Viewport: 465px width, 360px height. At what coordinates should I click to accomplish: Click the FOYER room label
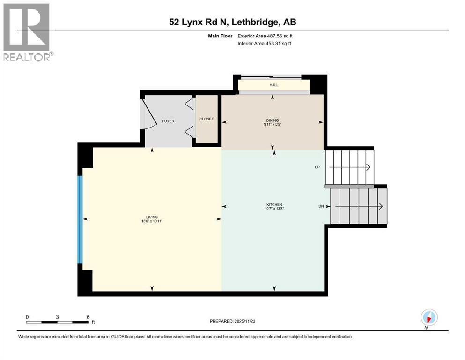pyautogui.click(x=168, y=121)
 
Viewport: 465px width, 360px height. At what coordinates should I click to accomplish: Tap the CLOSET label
pyautogui.click(x=207, y=119)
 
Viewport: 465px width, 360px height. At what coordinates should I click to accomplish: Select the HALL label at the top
pyautogui.click(x=273, y=85)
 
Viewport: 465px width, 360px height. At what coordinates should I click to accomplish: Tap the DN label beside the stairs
pyautogui.click(x=320, y=206)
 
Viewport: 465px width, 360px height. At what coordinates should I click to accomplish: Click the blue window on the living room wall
pyautogui.click(x=80, y=219)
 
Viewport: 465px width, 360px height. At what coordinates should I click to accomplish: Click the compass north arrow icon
pyautogui.click(x=428, y=317)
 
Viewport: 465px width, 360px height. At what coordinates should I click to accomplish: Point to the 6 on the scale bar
pyautogui.click(x=88, y=317)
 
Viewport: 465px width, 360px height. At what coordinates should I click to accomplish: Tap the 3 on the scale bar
pyautogui.click(x=57, y=317)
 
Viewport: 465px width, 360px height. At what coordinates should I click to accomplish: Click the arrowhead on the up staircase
pyautogui.click(x=368, y=167)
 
